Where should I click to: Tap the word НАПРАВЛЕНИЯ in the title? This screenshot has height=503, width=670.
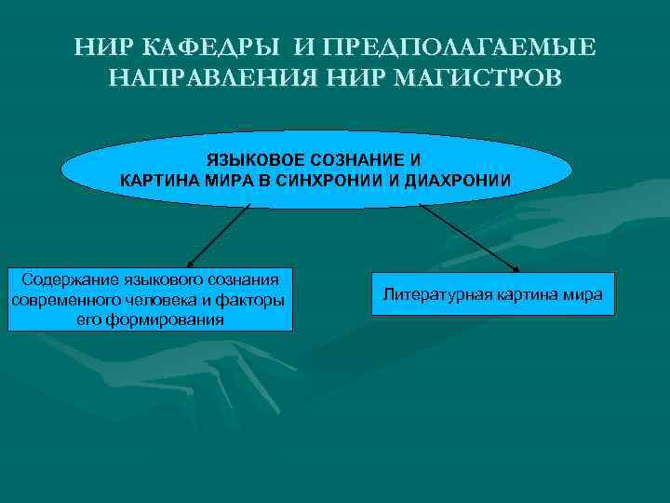pyautogui.click(x=213, y=76)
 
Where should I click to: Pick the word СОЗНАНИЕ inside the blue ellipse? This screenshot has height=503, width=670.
pyautogui.click(x=361, y=160)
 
